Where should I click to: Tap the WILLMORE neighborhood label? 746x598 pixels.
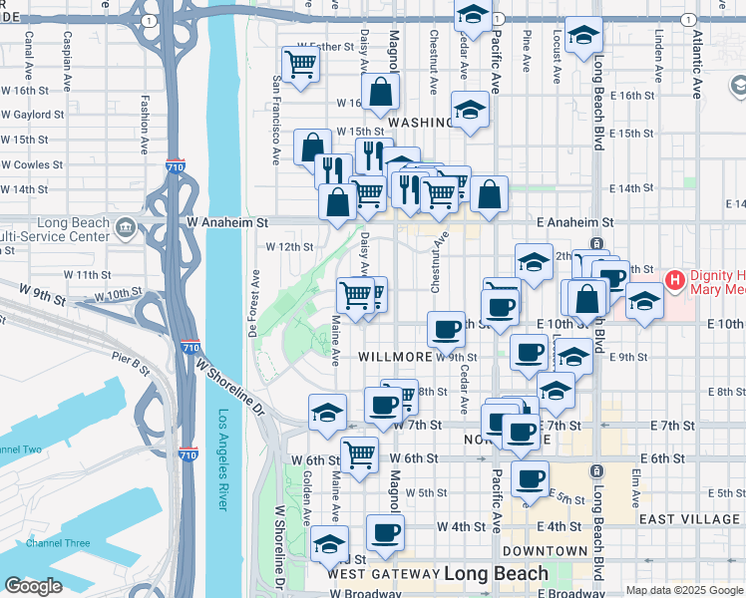pyautogui.click(x=395, y=356)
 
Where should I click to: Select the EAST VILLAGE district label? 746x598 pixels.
pyautogui.click(x=689, y=519)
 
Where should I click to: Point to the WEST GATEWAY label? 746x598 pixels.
pyautogui.click(x=383, y=574)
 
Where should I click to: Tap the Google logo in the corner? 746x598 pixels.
pyautogui.click(x=33, y=586)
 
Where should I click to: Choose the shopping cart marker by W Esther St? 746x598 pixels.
pyautogui.click(x=300, y=65)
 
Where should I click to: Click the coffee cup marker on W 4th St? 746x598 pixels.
pyautogui.click(x=385, y=532)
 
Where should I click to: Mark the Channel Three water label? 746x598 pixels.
pyautogui.click(x=58, y=543)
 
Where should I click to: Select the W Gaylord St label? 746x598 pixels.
pyautogui.click(x=32, y=115)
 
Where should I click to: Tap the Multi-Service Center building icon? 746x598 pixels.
pyautogui.click(x=126, y=229)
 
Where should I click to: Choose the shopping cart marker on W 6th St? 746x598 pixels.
pyautogui.click(x=359, y=454)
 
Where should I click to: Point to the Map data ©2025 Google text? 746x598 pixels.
pyautogui.click(x=683, y=590)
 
